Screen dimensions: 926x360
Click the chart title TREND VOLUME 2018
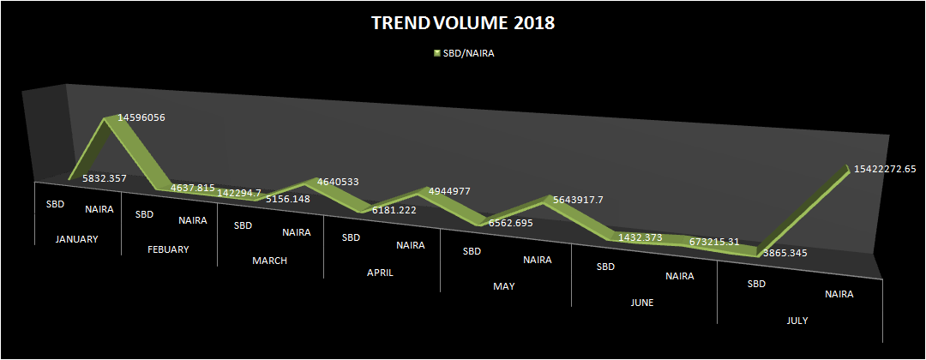tap(463, 24)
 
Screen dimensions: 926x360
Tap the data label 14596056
tap(141, 117)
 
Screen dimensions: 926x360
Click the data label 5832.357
tap(104, 177)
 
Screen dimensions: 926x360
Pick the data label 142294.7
tap(238, 192)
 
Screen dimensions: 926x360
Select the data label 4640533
tap(338, 182)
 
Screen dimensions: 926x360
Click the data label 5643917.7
tap(578, 200)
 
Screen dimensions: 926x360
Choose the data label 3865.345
tap(785, 253)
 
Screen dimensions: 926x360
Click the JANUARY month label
tap(76, 239)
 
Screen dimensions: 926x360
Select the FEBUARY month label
tap(168, 249)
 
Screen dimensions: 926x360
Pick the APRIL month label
tap(380, 273)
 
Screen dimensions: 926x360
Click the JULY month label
tap(797, 321)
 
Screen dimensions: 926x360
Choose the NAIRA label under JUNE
tap(680, 276)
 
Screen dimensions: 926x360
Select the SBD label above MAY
tap(472, 251)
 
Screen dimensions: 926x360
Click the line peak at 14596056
tap(106, 118)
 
